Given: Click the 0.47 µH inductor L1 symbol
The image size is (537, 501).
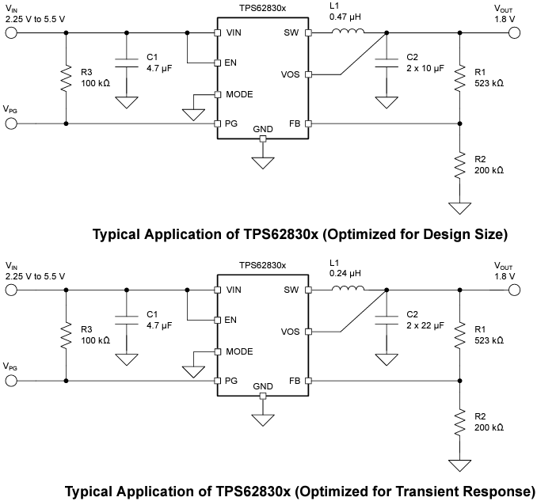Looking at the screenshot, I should [x=347, y=32].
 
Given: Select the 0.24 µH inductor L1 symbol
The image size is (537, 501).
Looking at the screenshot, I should [x=347, y=289].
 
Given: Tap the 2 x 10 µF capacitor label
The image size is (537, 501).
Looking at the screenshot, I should [x=422, y=69].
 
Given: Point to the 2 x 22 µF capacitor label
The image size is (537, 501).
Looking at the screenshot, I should [x=422, y=326].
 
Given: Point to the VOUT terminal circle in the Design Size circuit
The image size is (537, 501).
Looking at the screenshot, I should [x=515, y=32].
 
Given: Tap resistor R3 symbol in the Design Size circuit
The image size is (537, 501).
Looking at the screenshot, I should [x=66, y=79].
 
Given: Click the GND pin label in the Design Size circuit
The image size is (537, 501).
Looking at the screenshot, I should [x=263, y=128].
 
